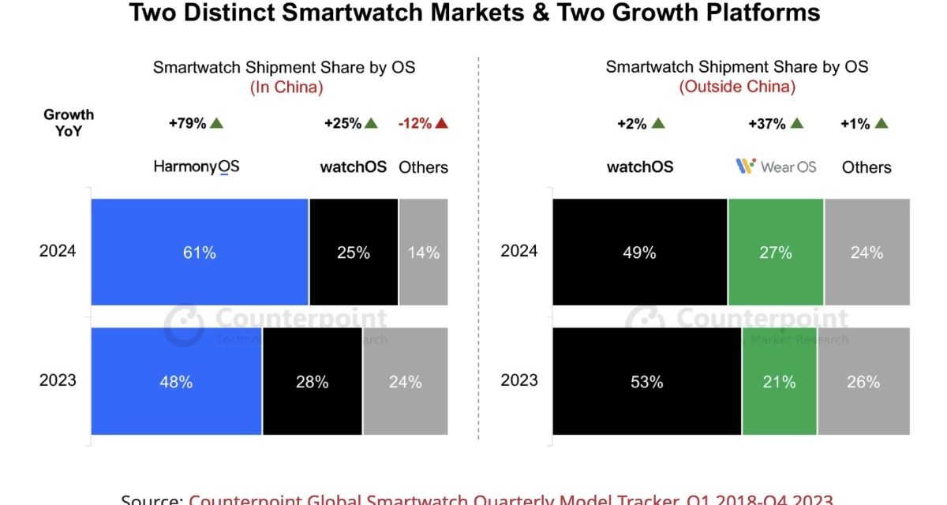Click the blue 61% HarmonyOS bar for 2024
(200, 252)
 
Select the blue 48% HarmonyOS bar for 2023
(176, 382)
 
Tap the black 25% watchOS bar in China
(354, 252)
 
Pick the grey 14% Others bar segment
(424, 252)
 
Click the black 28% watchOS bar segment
(313, 382)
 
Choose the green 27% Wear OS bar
(776, 252)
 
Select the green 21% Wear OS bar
(779, 382)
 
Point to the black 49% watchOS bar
(639, 252)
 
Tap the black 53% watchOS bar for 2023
(646, 382)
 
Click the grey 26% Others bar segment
(863, 382)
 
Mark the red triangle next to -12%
(441, 123)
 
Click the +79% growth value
(187, 123)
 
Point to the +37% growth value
(767, 123)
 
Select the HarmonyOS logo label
(196, 166)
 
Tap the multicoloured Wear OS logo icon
(746, 166)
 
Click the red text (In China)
(286, 88)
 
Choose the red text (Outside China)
(737, 87)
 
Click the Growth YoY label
(69, 123)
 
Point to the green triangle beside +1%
(881, 123)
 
